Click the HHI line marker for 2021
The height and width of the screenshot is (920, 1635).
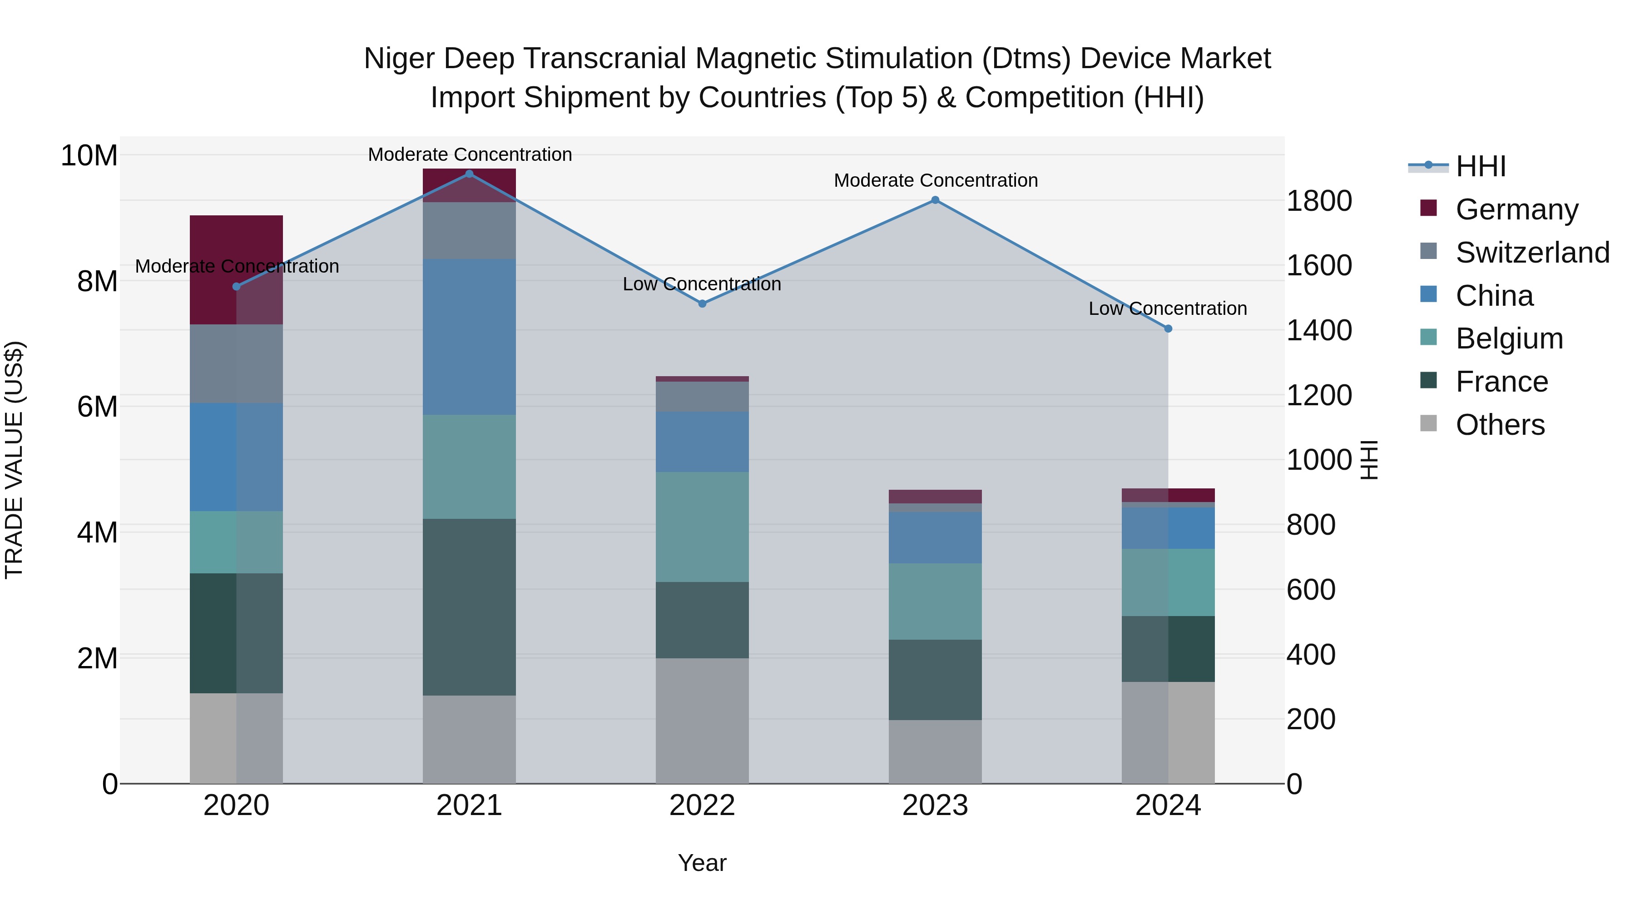(x=469, y=174)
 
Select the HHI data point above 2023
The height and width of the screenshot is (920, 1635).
(x=935, y=200)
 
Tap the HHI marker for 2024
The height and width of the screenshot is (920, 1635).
(x=1168, y=329)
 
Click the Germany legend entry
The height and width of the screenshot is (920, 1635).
(x=1516, y=209)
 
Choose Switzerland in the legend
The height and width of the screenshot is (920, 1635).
(x=1532, y=253)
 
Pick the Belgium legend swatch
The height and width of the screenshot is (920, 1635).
(x=1428, y=337)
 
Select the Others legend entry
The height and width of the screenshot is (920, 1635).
(x=1500, y=425)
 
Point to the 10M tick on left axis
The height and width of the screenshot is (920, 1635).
(x=89, y=155)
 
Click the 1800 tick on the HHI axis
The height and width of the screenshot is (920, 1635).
(x=1319, y=201)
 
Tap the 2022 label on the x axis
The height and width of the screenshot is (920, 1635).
(x=702, y=806)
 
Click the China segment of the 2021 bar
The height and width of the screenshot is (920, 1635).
(x=469, y=337)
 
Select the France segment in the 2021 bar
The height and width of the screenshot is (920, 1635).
(x=469, y=607)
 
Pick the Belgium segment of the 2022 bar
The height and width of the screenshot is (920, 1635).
(x=702, y=527)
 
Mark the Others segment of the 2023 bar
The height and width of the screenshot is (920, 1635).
(x=935, y=752)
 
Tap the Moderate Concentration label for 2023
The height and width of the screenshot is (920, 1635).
(x=936, y=180)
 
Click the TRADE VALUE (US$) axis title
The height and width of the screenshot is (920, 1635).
(x=14, y=460)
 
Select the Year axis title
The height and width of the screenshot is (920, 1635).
(x=702, y=863)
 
